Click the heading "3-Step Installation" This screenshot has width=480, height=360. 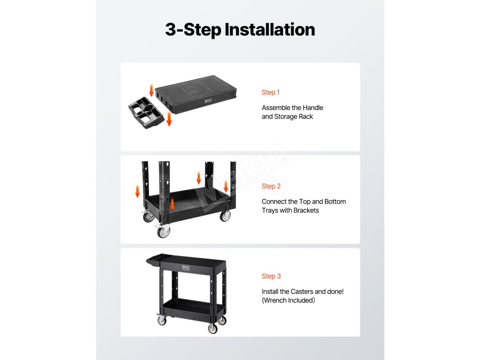pos(240,30)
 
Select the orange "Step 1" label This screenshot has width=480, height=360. pos(270,92)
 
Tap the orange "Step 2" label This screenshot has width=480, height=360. pos(271,186)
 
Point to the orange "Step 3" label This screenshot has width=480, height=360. pos(271,276)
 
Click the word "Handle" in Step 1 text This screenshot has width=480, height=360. pos(313,108)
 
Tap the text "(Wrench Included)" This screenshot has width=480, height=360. pos(288,300)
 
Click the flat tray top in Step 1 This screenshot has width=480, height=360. pos(196,94)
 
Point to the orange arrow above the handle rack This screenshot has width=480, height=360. pos(151,90)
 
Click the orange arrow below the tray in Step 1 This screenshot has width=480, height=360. pos(169,119)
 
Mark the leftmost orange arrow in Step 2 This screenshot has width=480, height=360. pos(137,191)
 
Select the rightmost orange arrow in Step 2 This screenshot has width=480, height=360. pos(226,187)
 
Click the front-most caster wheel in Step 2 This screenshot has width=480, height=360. pos(164,231)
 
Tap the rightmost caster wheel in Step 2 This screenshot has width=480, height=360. pos(225,216)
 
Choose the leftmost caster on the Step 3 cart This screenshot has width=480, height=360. pos(161,320)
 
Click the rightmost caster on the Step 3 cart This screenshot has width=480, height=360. pos(222,321)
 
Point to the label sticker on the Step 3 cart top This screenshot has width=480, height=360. pos(186,268)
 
